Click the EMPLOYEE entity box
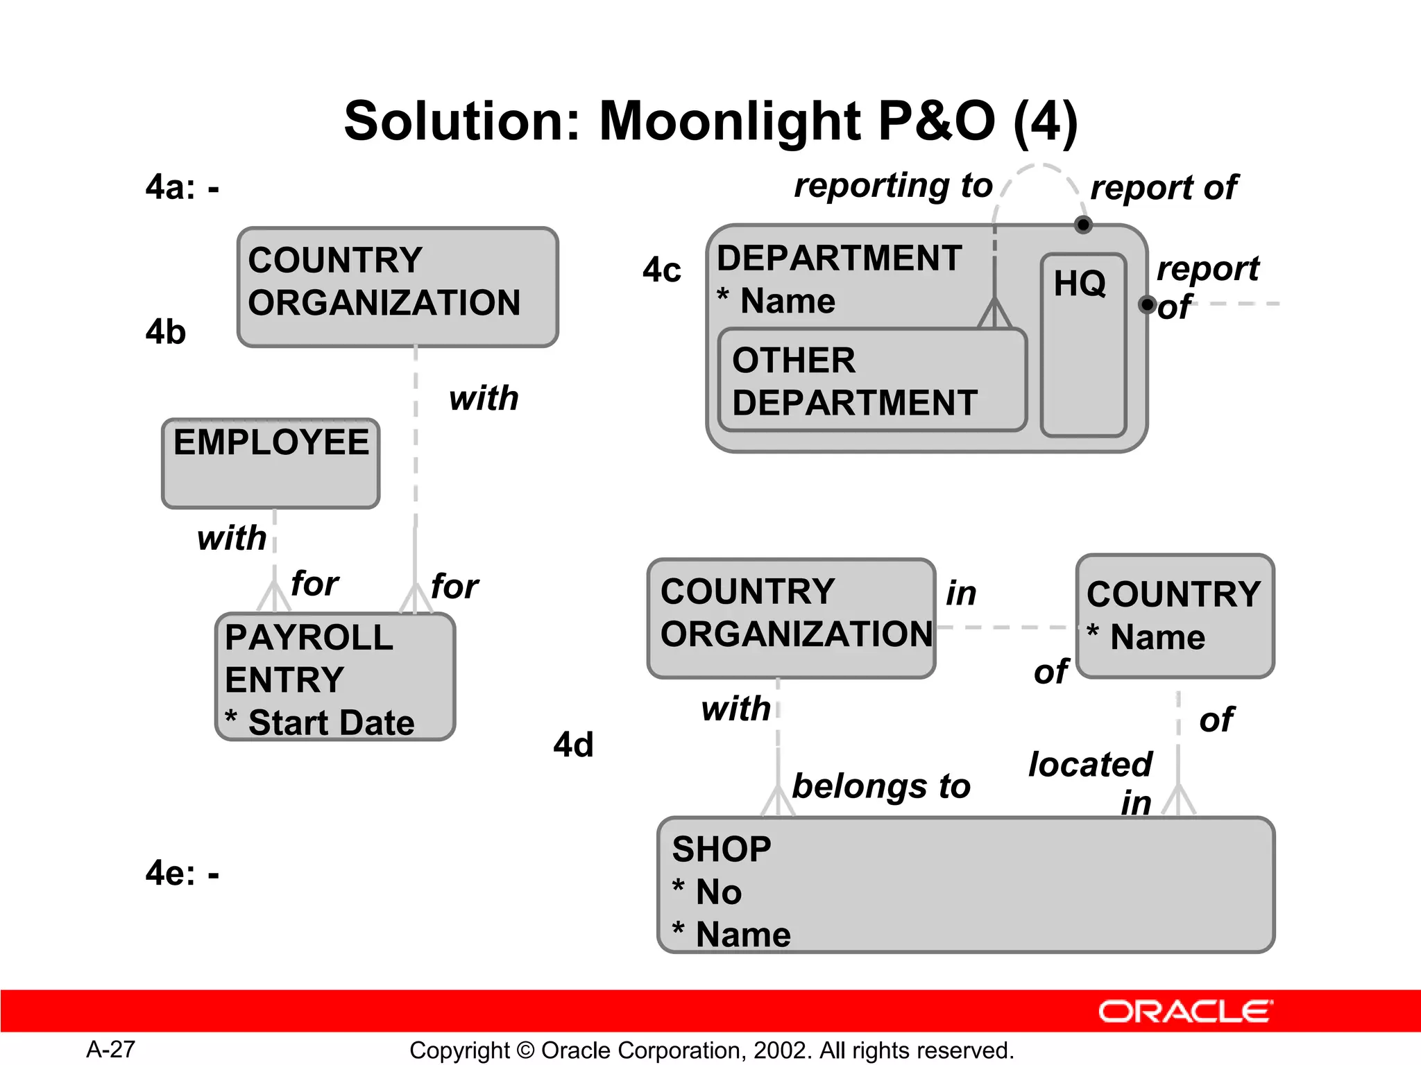pos(271,463)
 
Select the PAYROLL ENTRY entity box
pos(335,677)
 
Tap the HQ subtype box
pos(1082,345)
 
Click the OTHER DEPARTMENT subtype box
pos(872,381)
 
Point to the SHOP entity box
pos(966,885)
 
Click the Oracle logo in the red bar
pos(1186,1012)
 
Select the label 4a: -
pos(182,187)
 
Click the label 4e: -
pos(182,873)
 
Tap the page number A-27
pos(110,1049)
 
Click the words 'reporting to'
pos(893,186)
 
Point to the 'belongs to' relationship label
pos(881,786)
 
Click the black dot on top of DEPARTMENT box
pos(1083,225)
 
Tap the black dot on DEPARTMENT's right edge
pos(1147,304)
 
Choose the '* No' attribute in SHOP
pos(707,892)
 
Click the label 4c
pos(661,270)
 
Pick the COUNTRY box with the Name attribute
pos(1175,616)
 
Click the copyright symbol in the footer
pos(525,1050)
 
